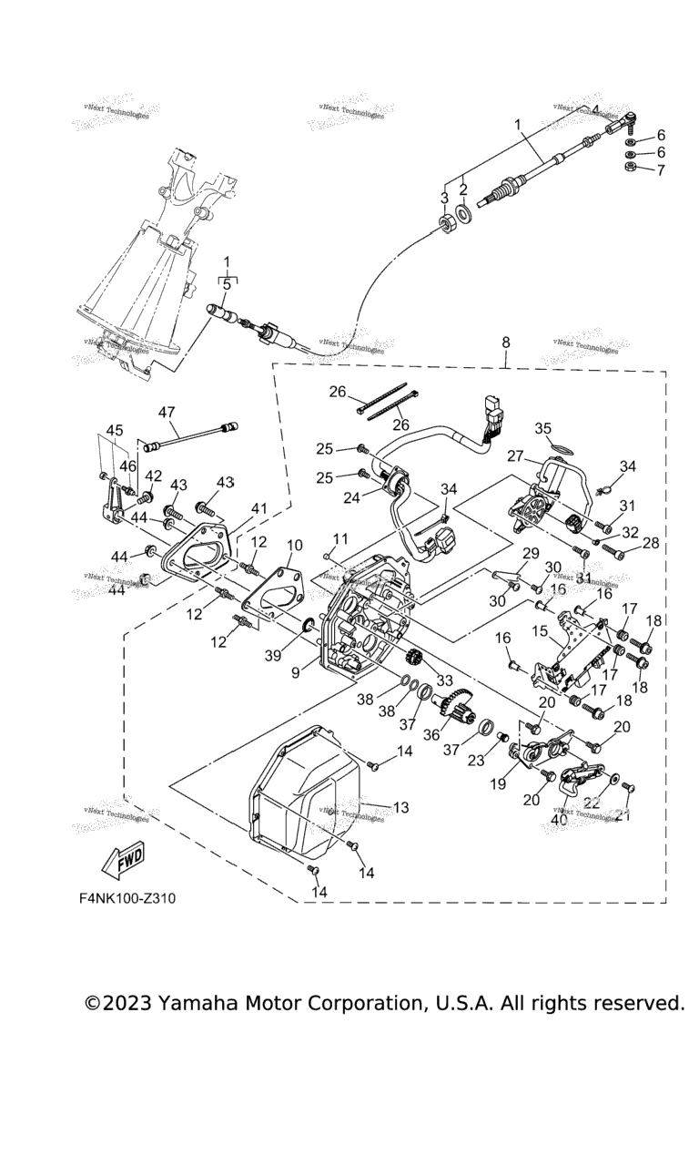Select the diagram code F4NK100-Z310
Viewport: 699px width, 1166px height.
[x=127, y=898]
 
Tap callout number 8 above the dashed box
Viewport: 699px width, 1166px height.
[x=506, y=343]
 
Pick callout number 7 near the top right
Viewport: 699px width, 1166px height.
[x=661, y=169]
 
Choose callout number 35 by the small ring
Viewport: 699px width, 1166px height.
[x=543, y=427]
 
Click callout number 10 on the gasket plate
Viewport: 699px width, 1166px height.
[x=293, y=547]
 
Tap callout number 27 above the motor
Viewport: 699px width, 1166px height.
[x=514, y=456]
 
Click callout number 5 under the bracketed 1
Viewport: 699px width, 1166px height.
[x=227, y=284]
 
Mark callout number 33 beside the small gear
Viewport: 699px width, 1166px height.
[x=445, y=680]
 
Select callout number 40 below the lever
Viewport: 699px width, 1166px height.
[x=558, y=819]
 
